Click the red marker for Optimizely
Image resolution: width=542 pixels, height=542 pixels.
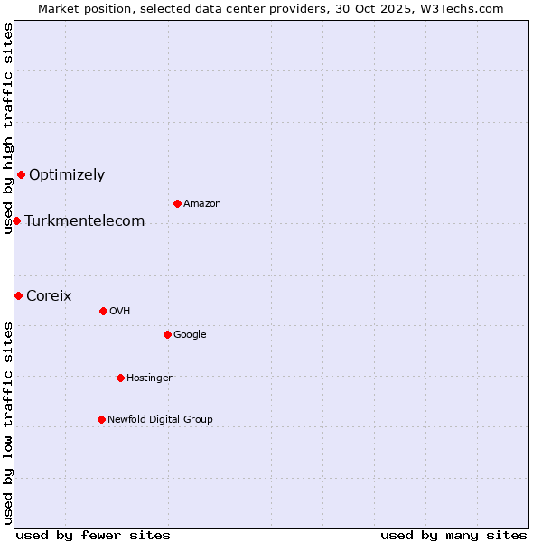coord(21,174)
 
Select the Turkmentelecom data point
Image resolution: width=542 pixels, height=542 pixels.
coord(16,220)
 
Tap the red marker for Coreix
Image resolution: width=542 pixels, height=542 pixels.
coord(18,295)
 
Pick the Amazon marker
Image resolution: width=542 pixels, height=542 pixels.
coord(177,203)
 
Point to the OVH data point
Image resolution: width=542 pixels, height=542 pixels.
coord(103,311)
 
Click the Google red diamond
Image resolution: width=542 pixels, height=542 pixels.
coord(167,334)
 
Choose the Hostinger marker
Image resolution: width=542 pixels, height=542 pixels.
coord(120,378)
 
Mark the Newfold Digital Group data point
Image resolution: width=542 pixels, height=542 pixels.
coord(101,419)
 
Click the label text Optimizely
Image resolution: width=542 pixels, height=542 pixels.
coord(67,175)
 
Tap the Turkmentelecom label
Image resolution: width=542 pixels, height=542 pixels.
coord(85,221)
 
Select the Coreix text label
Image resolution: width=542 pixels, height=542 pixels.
coord(49,296)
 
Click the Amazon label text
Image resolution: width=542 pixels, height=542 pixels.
coord(202,204)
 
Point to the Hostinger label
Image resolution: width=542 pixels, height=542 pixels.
coord(149,378)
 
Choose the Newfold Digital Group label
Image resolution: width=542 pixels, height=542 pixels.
coord(160,420)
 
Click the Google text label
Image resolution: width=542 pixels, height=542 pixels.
coord(190,335)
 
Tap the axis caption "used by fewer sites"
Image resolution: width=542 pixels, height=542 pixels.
coord(93,535)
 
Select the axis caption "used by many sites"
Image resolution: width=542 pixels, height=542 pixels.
coord(453,535)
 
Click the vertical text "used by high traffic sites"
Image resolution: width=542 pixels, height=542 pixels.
coord(8,128)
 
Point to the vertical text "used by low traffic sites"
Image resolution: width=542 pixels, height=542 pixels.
coord(8,423)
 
